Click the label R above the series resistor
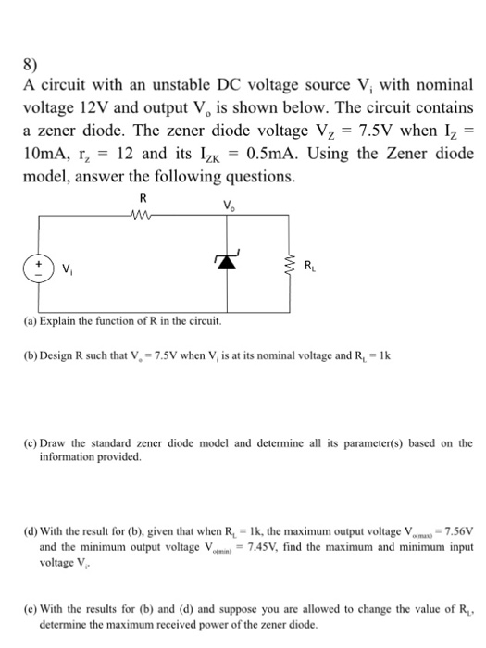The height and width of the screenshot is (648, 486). tap(142, 197)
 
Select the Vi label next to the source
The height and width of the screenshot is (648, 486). tap(68, 268)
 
